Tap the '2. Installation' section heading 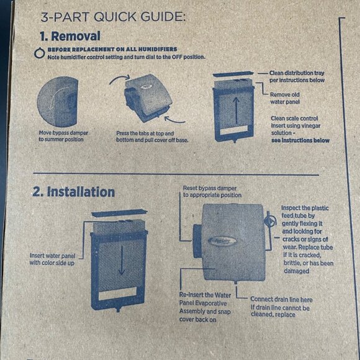[73, 192]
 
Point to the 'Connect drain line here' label [282, 299]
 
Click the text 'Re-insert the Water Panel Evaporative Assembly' [204, 303]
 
